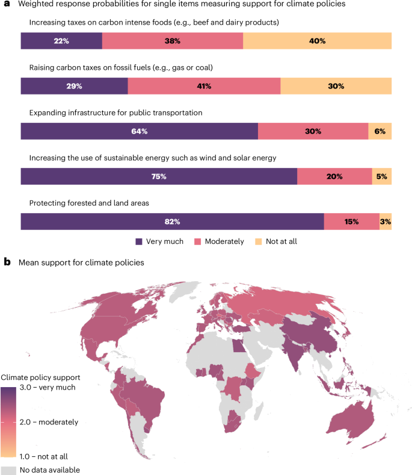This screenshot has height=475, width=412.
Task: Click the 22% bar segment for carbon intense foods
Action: (x=61, y=41)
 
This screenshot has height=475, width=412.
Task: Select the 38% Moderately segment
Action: (x=173, y=41)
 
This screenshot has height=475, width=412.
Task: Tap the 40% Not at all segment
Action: (x=317, y=41)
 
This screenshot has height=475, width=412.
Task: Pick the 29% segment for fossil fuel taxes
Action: (x=74, y=86)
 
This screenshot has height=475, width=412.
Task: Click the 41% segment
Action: (x=204, y=86)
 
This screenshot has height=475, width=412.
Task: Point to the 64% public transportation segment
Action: (x=139, y=131)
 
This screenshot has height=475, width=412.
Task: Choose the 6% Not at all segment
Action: (x=380, y=131)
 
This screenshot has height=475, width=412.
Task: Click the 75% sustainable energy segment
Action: (x=159, y=176)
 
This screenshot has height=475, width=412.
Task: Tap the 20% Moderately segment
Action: (x=334, y=176)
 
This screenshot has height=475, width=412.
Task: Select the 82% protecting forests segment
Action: (x=172, y=222)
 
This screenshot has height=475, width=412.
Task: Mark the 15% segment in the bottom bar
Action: (x=351, y=222)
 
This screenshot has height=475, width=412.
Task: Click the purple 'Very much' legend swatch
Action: (x=139, y=241)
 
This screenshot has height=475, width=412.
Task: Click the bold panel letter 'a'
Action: (x=7, y=4)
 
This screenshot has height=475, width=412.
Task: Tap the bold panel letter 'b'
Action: (x=7, y=262)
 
